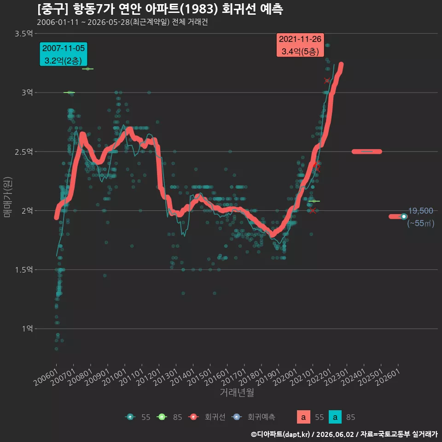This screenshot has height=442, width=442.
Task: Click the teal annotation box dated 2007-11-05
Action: point(64,54)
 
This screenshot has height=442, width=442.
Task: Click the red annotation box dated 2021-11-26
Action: point(300,45)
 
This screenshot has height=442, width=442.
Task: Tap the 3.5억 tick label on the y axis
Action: point(23,34)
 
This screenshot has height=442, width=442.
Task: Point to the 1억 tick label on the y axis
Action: point(27,329)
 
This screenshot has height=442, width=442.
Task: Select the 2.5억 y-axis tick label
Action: point(23,152)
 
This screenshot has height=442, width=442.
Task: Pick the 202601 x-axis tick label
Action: point(388,377)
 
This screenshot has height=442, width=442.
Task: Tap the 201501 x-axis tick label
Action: point(200,377)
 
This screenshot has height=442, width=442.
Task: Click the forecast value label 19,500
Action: point(420,211)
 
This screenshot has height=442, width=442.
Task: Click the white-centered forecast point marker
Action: point(404,216)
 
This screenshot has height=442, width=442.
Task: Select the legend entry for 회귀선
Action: point(207,417)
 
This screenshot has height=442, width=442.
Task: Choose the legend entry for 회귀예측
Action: point(253,417)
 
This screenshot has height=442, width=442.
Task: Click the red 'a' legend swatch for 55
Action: point(303,417)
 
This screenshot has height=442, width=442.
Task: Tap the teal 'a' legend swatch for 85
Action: point(335,417)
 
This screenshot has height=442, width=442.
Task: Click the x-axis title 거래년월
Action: point(237,392)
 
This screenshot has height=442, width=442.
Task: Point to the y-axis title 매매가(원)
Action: point(7,197)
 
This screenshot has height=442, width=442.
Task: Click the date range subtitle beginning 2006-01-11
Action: point(122,22)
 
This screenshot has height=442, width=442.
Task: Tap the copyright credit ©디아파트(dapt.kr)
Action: point(280,434)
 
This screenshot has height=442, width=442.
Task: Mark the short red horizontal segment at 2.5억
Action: point(367,151)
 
